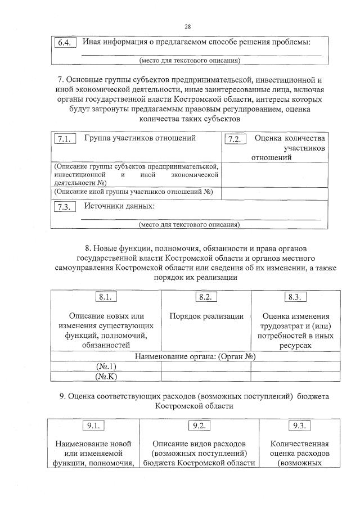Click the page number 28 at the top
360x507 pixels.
[187, 26]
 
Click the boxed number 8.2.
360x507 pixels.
[206, 297]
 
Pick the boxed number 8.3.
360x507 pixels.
[294, 297]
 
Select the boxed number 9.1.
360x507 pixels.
[94, 426]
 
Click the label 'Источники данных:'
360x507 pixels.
[119, 206]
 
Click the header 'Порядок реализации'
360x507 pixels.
[206, 316]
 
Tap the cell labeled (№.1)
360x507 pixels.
[106, 366]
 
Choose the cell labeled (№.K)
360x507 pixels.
[106, 377]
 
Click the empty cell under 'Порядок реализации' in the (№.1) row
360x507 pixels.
[206, 366]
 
